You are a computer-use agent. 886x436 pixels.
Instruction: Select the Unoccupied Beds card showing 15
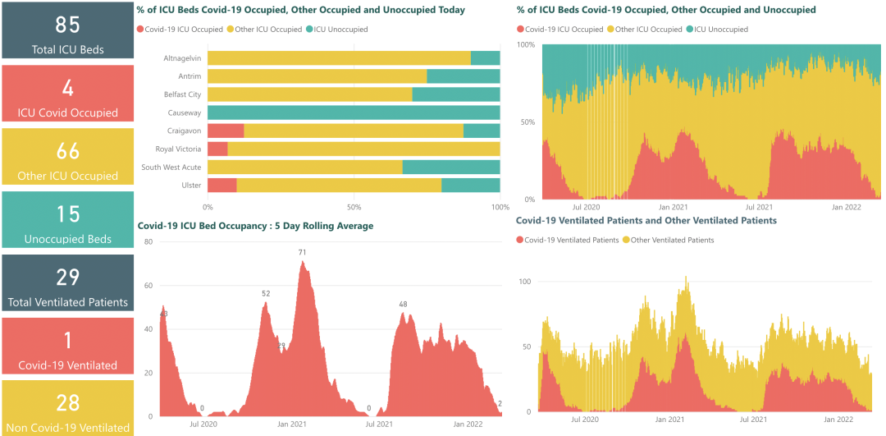coord(68,219)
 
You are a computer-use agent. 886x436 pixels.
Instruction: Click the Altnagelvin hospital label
coord(182,58)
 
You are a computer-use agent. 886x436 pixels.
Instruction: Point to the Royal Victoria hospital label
coord(178,149)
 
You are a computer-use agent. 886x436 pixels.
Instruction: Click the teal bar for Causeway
coord(354,112)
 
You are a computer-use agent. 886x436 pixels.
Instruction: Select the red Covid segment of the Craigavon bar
coord(226,131)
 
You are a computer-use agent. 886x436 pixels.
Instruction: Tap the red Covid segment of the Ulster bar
coord(222,185)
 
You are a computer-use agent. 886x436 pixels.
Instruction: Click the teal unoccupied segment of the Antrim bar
coord(463,76)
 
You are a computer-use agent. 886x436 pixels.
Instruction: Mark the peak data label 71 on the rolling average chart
coord(303,253)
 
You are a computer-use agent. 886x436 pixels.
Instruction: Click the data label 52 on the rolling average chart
coord(266,294)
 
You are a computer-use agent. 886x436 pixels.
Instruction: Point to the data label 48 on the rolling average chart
coord(403,305)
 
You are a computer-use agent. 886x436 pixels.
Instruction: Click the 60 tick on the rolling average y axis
coord(148,286)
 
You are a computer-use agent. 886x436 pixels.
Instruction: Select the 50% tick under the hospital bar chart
coord(354,207)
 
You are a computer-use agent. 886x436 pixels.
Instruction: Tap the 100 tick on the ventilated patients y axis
coord(525,282)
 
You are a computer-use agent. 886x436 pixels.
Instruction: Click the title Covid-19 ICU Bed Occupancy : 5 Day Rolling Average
coord(255,226)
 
